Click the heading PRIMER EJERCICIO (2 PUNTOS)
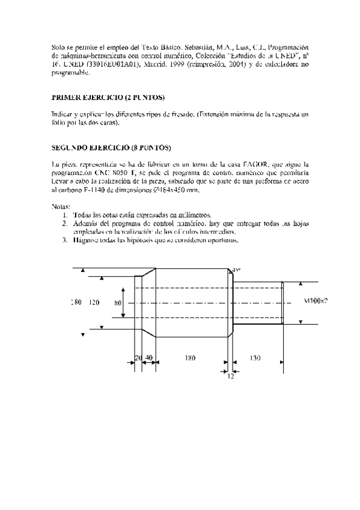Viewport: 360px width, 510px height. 108,97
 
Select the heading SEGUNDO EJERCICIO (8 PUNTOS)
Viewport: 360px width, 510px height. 112,147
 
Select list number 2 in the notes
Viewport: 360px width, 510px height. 65,224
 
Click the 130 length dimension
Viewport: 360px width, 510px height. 255,358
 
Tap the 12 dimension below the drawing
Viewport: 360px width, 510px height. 231,375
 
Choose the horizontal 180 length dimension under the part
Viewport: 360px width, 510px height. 190,358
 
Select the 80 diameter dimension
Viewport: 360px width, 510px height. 118,303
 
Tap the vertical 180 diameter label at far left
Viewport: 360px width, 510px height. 76,303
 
